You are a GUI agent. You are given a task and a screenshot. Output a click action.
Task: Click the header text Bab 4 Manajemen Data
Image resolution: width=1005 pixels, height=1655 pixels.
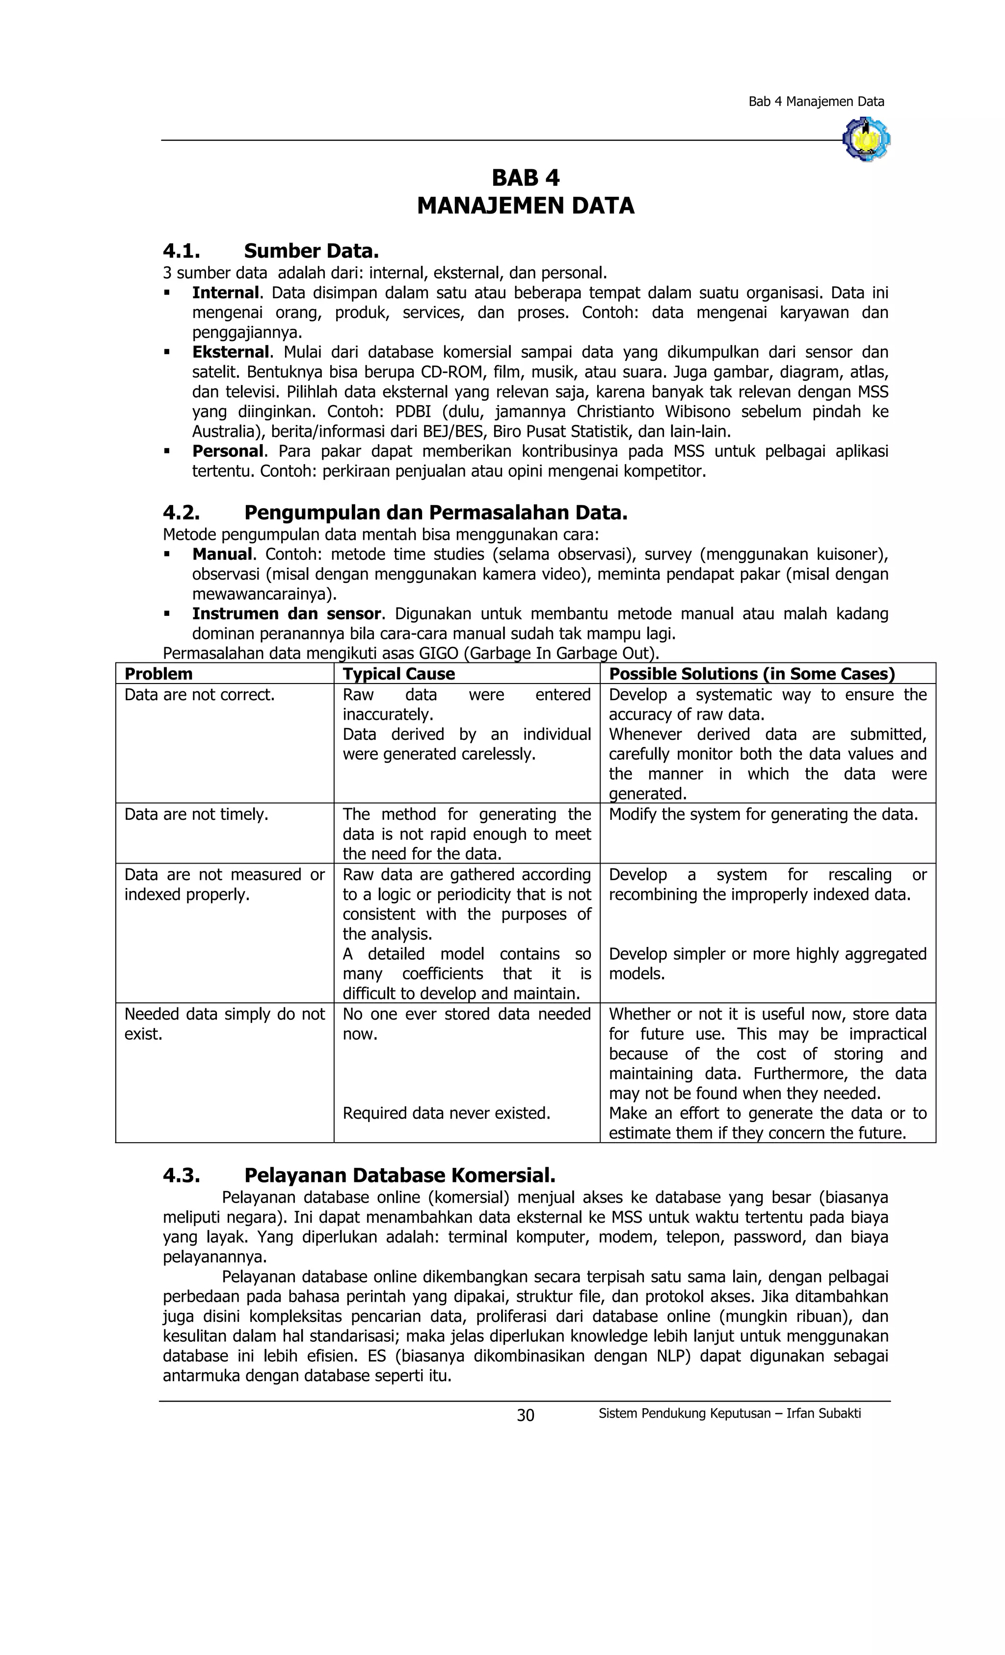[816, 102]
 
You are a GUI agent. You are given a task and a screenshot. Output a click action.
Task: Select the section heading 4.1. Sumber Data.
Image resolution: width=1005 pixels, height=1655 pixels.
[271, 251]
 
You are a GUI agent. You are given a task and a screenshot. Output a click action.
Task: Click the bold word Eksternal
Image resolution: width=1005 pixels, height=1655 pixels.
[231, 352]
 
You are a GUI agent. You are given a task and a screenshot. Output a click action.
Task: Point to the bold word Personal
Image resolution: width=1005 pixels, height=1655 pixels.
[228, 451]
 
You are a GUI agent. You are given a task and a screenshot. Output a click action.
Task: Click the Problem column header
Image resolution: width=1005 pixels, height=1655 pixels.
[159, 674]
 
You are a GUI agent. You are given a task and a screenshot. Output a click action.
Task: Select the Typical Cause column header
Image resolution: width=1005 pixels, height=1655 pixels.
[398, 674]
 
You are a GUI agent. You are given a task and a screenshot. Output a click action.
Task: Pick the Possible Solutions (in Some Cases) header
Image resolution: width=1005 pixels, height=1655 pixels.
[751, 674]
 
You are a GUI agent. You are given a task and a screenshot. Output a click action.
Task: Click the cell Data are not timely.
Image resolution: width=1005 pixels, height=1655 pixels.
[196, 814]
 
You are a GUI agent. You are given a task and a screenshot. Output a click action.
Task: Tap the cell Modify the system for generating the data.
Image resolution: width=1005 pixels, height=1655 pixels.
[763, 814]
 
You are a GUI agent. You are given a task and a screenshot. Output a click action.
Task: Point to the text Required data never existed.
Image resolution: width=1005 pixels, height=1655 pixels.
[446, 1113]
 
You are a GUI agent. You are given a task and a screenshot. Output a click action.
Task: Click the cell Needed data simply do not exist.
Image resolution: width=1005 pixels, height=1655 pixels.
[224, 1024]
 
